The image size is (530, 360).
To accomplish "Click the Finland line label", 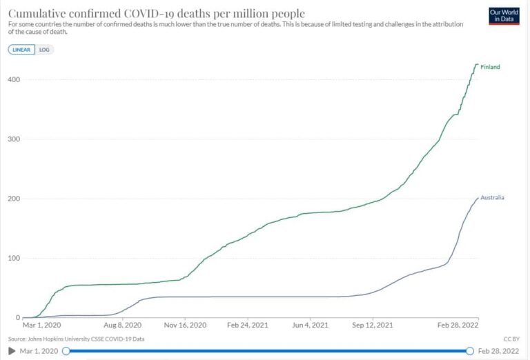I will point(490,67).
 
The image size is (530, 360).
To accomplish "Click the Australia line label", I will point(492,198).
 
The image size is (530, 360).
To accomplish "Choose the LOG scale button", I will point(46,50).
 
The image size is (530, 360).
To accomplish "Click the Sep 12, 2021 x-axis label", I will point(373,324).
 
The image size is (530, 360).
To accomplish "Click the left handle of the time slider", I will point(66,351).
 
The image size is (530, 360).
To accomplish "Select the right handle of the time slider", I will point(470,351).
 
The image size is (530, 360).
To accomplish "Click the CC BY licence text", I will point(511,339).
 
